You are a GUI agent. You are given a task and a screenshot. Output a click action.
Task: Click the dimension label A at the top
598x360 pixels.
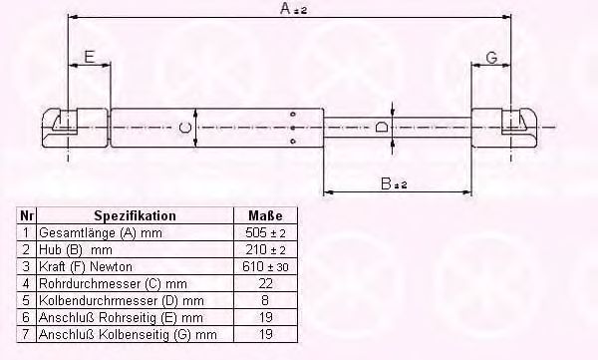293,8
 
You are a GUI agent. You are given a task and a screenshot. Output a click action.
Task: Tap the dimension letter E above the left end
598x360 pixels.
90,57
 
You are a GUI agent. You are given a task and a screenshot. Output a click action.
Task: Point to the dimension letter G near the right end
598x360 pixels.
492,58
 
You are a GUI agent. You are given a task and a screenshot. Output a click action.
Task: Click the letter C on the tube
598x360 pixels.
185,128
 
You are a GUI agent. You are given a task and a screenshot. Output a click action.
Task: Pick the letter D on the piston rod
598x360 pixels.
382,127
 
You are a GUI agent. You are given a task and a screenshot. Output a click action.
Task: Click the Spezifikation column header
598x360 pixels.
135,215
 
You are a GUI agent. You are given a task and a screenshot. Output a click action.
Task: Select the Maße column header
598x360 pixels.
265,215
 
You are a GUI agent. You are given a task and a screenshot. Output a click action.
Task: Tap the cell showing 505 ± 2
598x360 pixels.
265,232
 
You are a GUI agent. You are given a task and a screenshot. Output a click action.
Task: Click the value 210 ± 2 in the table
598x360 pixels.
265,249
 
